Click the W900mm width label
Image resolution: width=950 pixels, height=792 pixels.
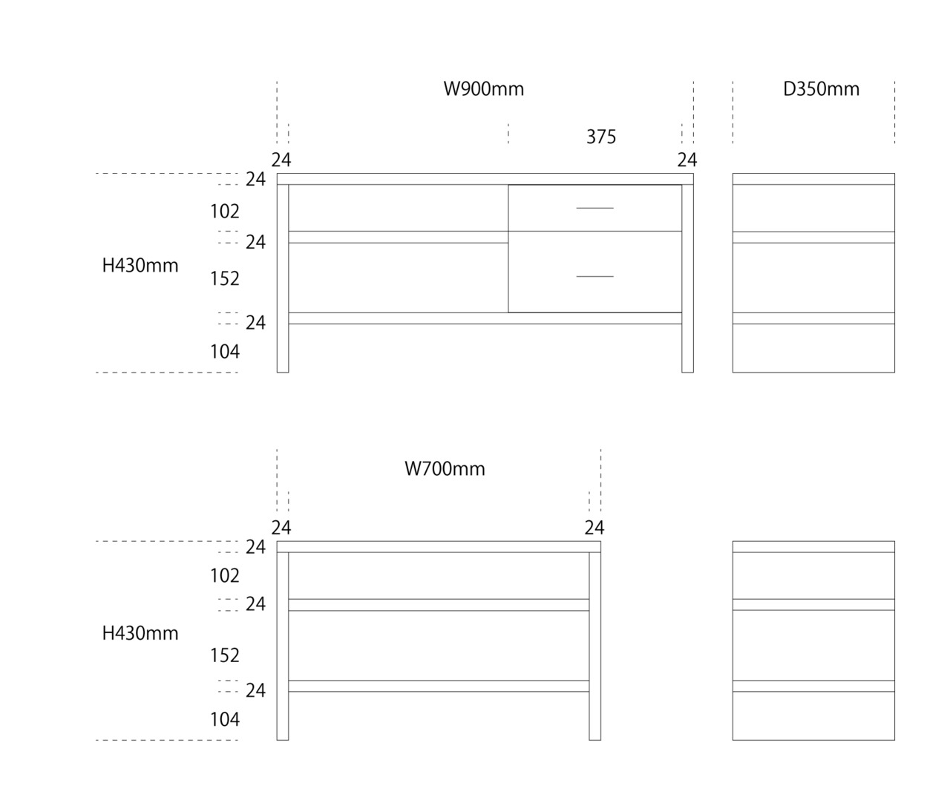pyautogui.click(x=484, y=89)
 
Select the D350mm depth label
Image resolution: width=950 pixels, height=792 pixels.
pyautogui.click(x=822, y=89)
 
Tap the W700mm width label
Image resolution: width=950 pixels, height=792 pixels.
pyautogui.click(x=445, y=469)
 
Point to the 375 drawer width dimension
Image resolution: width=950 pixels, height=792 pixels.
pyautogui.click(x=601, y=137)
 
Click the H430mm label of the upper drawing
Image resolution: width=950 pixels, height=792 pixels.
pyautogui.click(x=140, y=266)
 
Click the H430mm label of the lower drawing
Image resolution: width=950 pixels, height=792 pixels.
pyautogui.click(x=140, y=633)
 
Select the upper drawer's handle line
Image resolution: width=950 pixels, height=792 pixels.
pyautogui.click(x=594, y=208)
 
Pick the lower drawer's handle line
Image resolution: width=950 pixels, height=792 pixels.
pyautogui.click(x=594, y=276)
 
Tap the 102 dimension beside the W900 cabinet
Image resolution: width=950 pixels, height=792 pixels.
pyautogui.click(x=225, y=212)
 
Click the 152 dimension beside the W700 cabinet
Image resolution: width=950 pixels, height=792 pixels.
pyautogui.click(x=225, y=655)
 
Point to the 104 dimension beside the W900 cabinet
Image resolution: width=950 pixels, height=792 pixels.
pyautogui.click(x=225, y=352)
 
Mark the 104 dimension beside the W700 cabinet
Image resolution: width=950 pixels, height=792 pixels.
pyautogui.click(x=225, y=719)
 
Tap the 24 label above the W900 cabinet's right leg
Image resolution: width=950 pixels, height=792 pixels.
pyautogui.click(x=687, y=160)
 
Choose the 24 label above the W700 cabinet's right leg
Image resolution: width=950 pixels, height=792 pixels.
pyautogui.click(x=594, y=528)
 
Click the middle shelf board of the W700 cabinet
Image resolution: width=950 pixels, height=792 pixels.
pyautogui.click(x=439, y=605)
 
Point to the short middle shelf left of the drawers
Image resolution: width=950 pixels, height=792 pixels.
pyautogui.click(x=398, y=237)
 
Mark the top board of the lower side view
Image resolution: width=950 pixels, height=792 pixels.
pyautogui.click(x=813, y=546)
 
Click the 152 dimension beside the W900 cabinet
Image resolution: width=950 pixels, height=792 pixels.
pyautogui.click(x=225, y=278)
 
